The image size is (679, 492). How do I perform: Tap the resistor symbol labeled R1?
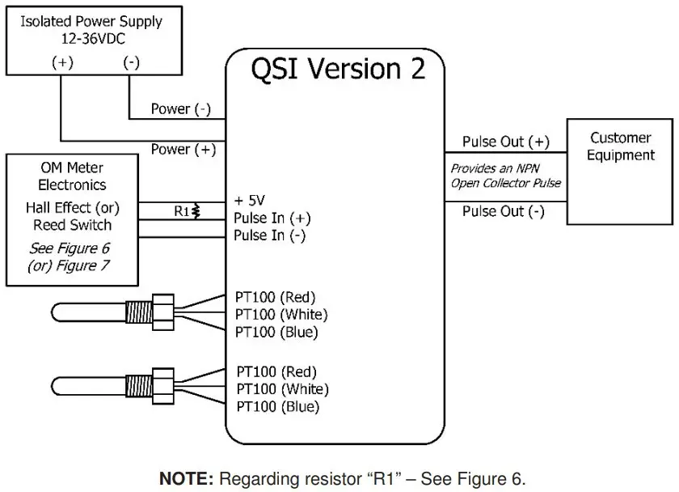coord(196,211)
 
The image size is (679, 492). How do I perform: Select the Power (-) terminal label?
coord(181,109)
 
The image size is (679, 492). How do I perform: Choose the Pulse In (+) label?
coord(272,218)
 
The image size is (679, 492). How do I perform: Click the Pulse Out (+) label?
coord(505,142)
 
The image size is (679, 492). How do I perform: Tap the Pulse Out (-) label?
coord(503,212)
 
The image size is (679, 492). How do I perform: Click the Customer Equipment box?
coord(620,172)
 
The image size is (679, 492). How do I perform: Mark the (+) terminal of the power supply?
coord(61,61)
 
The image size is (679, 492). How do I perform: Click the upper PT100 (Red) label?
coord(276,296)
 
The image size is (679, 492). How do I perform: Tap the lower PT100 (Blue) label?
coord(277,407)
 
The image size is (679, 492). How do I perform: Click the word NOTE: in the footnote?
coord(186,478)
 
